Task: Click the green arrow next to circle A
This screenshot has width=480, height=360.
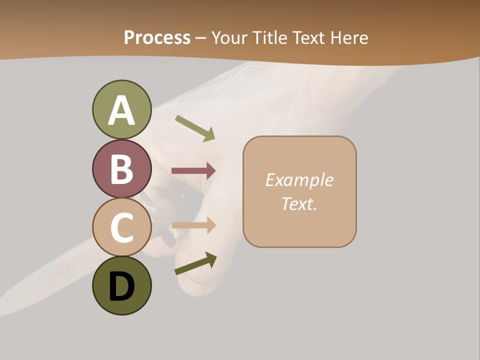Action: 195,128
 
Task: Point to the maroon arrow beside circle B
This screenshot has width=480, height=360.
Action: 193,171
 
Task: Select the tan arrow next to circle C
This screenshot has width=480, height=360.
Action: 193,225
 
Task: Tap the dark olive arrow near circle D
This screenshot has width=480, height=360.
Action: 195,263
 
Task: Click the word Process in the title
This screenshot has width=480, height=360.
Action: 157,38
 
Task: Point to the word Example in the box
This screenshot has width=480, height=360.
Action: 299,180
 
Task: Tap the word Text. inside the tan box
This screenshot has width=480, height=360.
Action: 299,203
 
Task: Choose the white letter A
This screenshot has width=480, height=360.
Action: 121,110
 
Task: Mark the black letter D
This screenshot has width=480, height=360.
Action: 121,287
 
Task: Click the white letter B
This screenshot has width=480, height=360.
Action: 121,169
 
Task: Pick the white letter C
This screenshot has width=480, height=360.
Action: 121,227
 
